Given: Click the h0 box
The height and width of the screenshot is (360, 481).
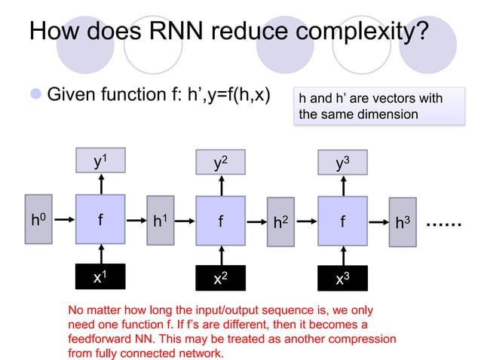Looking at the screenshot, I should (x=38, y=220).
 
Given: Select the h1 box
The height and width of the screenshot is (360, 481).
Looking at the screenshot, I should (x=160, y=221).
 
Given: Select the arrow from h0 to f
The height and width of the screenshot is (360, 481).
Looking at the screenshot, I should (x=63, y=220).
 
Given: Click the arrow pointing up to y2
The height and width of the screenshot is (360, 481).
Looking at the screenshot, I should (x=220, y=185).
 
